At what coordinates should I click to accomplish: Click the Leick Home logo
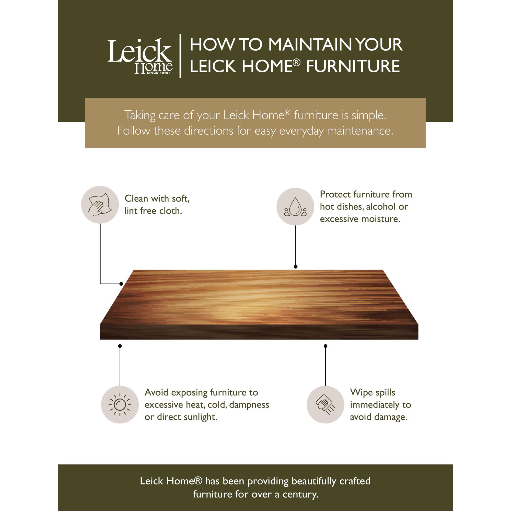140,56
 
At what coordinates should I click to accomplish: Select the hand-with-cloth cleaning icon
100,205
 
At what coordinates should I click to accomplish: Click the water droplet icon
295,206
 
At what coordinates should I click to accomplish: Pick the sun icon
120,405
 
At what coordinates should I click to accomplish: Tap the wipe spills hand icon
325,405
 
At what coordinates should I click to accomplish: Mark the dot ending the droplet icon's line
296,266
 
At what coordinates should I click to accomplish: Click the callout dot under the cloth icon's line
121,284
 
